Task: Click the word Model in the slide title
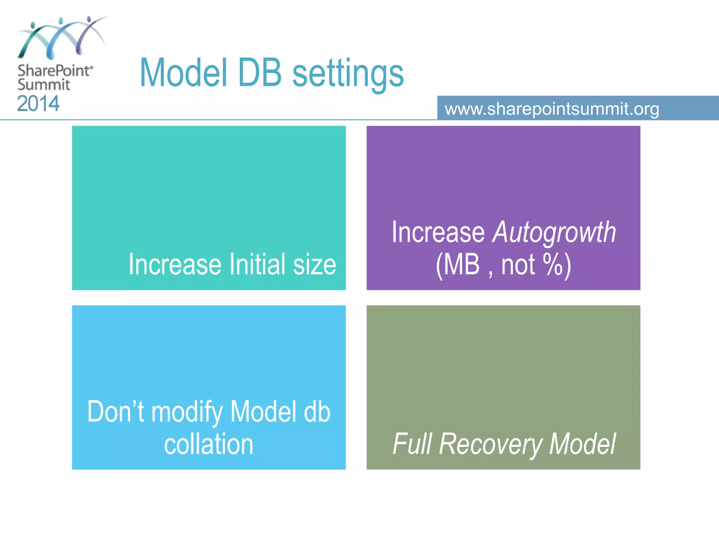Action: (x=183, y=73)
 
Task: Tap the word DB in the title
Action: (x=260, y=73)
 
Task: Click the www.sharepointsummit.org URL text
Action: (x=552, y=109)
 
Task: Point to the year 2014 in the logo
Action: (x=38, y=104)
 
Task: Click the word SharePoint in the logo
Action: (x=54, y=71)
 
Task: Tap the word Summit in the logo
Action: (x=44, y=85)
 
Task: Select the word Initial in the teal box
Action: (x=257, y=264)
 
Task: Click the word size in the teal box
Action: (x=315, y=264)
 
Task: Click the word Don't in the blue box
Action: (x=116, y=412)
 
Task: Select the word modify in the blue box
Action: (x=187, y=412)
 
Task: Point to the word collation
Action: (x=209, y=444)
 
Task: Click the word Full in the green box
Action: (x=412, y=444)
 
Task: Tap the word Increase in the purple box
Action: (x=438, y=233)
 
